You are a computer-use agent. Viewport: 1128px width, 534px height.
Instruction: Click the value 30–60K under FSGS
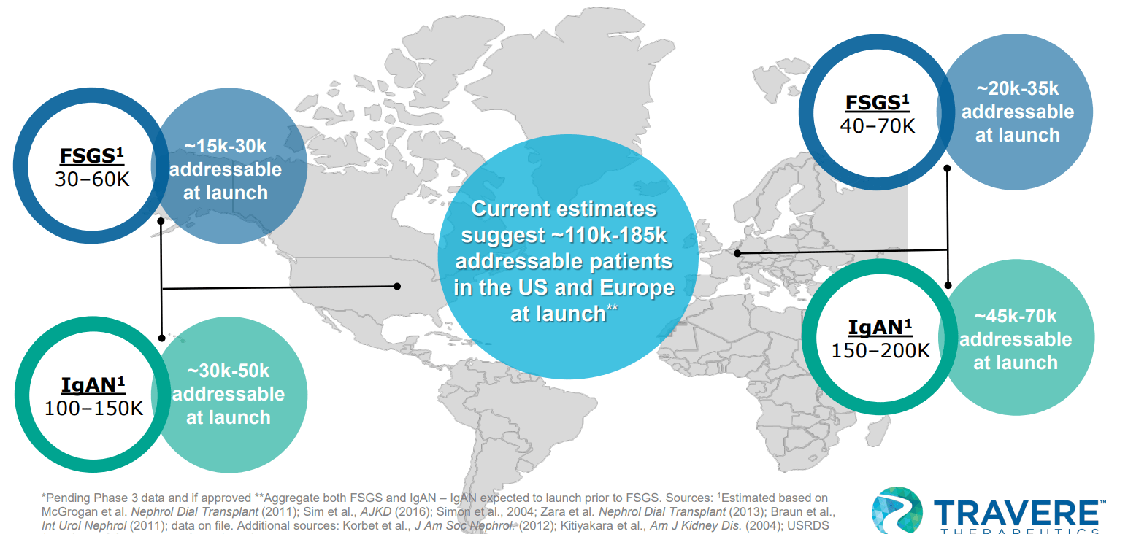point(91,179)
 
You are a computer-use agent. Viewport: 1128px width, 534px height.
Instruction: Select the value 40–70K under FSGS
point(877,125)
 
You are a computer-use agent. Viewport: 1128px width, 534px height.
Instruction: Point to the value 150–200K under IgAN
point(880,350)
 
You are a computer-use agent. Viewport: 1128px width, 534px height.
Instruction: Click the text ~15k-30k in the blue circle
point(225,147)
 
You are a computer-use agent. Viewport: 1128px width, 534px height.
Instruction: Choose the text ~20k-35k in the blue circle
point(1017,89)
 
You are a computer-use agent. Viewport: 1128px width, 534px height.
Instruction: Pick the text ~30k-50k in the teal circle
point(228,371)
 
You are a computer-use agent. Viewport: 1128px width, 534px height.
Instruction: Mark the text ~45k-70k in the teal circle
point(1015,317)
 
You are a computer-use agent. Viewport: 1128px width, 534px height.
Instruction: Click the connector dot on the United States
point(398,286)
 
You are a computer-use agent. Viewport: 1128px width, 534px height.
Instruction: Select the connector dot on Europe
point(737,253)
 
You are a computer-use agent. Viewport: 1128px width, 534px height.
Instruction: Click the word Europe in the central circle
point(640,287)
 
